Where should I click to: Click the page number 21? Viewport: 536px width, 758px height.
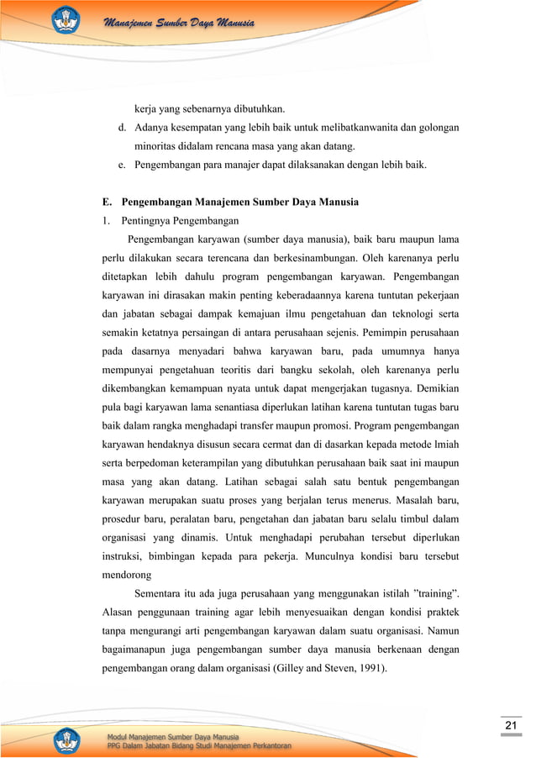coord(510,726)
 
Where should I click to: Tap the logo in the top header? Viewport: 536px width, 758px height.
coord(66,20)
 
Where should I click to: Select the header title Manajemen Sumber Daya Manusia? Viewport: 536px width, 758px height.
coord(178,22)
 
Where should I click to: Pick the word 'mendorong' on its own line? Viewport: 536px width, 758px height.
coord(121,576)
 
